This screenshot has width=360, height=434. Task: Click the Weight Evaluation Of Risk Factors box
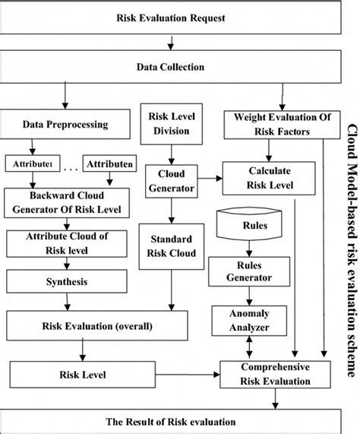tap(277, 123)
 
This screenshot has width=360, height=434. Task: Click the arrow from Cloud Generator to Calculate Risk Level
tap(210, 179)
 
